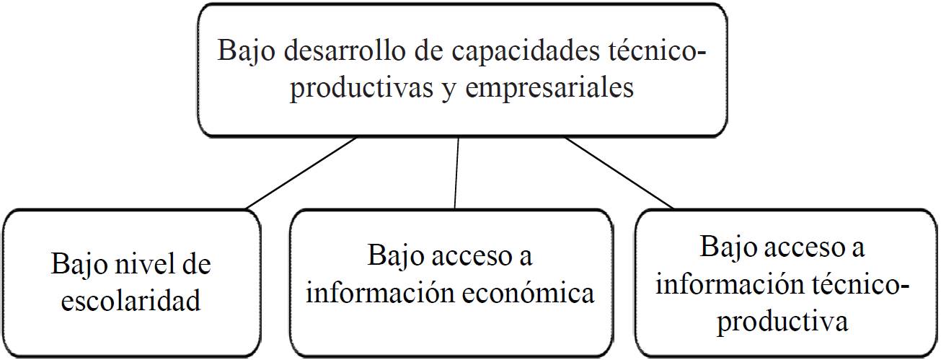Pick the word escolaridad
(x=131, y=299)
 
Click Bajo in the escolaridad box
(x=76, y=265)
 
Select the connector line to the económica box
(x=456, y=173)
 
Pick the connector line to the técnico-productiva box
(x=619, y=173)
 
